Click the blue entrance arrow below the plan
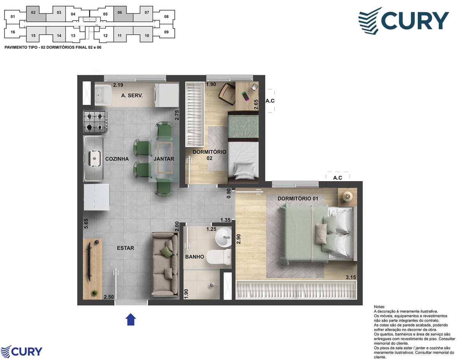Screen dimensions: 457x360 [x=131, y=319]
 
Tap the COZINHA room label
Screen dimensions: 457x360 [x=117, y=159]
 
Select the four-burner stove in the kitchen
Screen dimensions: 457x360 [x=95, y=122]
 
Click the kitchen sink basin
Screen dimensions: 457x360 [x=94, y=158]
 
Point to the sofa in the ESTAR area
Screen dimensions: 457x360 [x=165, y=264]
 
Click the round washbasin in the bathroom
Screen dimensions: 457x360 [x=223, y=237]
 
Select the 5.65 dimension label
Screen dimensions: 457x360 [x=86, y=223]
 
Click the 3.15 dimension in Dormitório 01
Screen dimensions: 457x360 [x=351, y=277]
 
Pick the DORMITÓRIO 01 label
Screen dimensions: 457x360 [x=298, y=199]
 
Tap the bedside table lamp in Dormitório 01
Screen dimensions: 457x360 [x=348, y=196]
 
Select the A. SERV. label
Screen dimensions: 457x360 [x=132, y=96]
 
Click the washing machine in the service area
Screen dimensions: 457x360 [x=166, y=95]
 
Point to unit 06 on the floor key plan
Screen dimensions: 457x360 [x=120, y=13]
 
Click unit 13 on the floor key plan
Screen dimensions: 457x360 [x=73, y=36]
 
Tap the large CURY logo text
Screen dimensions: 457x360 [x=415, y=21]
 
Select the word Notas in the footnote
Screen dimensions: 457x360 [x=379, y=307]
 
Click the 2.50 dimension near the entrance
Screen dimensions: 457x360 [x=109, y=297]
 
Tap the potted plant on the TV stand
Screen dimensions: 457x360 [x=94, y=293]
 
